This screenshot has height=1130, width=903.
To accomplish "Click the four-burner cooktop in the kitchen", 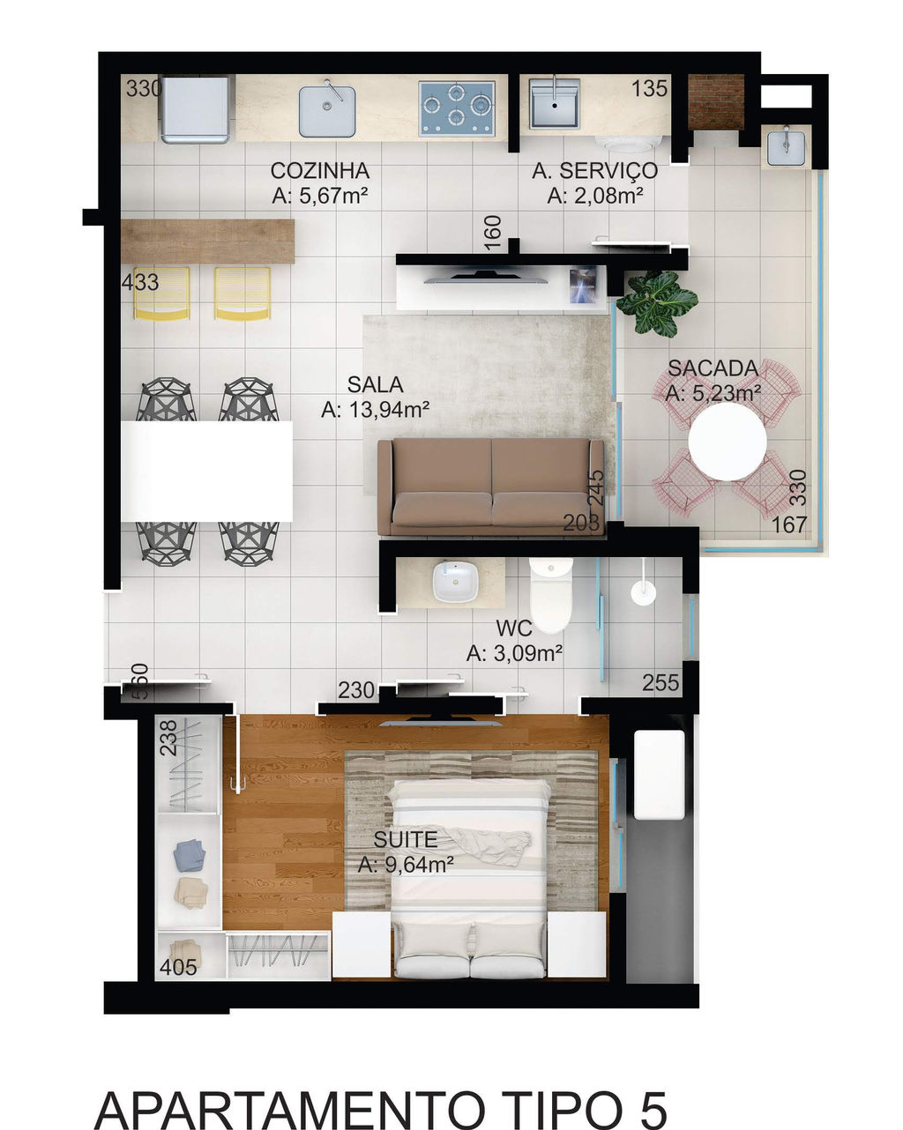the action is click(x=457, y=108).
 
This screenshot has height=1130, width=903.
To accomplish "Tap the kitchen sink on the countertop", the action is click(x=327, y=111).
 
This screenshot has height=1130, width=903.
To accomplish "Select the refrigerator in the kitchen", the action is click(x=195, y=110).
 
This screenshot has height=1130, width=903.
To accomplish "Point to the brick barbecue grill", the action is click(x=716, y=102).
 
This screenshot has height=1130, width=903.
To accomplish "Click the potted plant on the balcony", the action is click(x=657, y=302).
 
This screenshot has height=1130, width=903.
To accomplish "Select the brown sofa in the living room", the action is click(x=490, y=487).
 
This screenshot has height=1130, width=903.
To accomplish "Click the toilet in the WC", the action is click(x=550, y=596).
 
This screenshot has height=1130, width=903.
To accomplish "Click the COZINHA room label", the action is click(x=320, y=171).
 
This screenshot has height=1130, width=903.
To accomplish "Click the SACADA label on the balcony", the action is click(x=713, y=368).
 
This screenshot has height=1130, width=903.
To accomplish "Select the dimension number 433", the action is click(x=139, y=283).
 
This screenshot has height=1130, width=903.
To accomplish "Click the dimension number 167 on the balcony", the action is click(x=789, y=524).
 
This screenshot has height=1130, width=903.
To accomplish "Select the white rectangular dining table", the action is click(x=206, y=471).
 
